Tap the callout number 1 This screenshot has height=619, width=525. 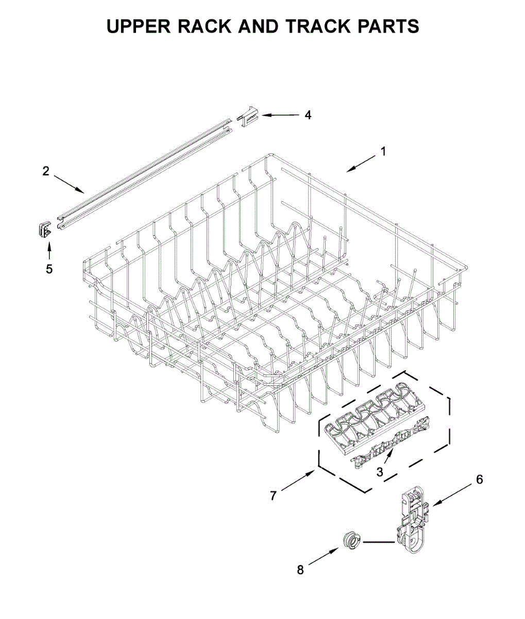point(383,152)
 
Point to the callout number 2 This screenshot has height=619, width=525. point(46,171)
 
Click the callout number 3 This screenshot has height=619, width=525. point(380,471)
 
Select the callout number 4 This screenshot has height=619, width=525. point(308,115)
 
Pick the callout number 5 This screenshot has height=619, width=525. point(49,269)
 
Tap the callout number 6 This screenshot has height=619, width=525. point(479,480)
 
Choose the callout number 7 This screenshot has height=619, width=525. point(274,496)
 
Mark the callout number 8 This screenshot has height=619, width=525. point(300,570)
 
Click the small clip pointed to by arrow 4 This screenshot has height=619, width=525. point(248,115)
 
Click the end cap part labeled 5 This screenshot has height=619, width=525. point(44,229)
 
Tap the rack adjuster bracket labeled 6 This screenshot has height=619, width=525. point(412,524)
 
